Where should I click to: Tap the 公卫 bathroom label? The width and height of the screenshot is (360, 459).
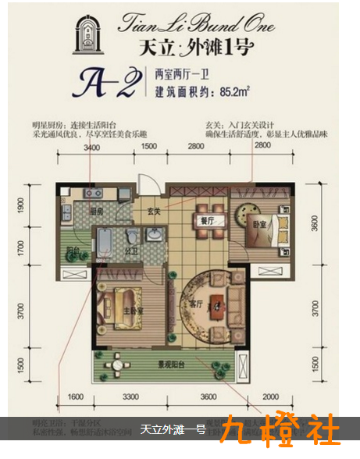(x=131, y=251)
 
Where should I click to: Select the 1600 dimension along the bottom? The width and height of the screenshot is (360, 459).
(x=74, y=398)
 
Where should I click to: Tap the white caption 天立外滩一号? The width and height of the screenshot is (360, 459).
(x=173, y=430)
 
